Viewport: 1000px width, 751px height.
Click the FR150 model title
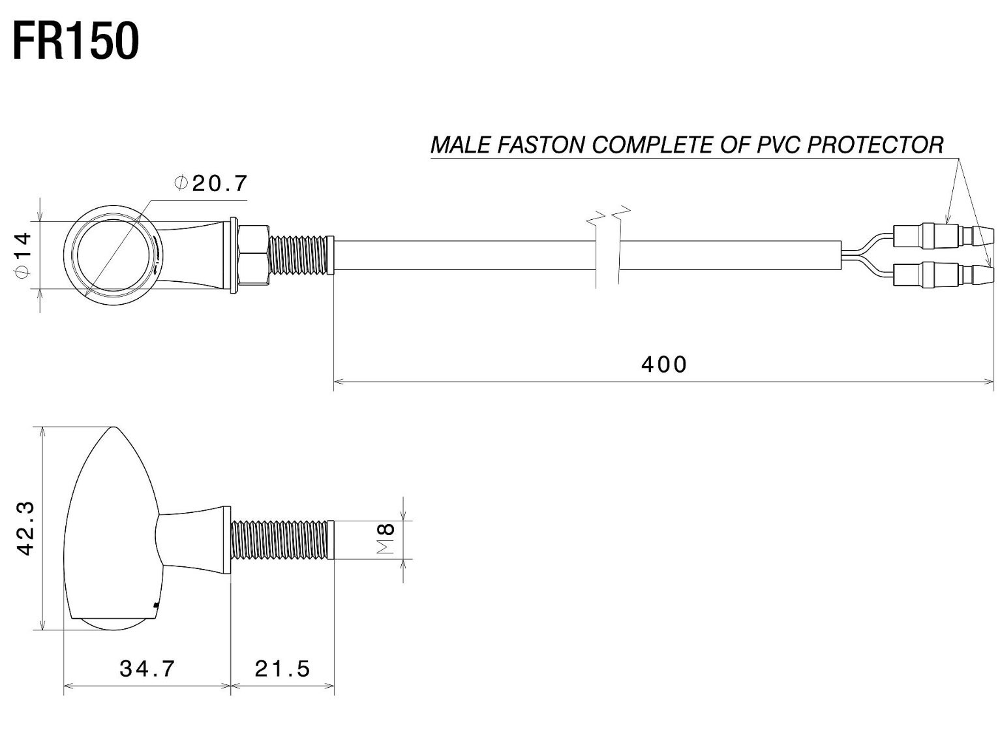76,42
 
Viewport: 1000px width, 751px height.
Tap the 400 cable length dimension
664,365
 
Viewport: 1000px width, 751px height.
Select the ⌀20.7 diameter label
211,183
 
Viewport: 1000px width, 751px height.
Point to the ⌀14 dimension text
23,254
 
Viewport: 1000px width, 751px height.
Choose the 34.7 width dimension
147,669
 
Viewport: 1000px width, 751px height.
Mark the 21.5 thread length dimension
282,669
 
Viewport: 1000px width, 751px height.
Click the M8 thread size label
386,539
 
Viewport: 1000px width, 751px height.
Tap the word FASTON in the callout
540,146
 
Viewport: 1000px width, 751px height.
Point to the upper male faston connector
943,236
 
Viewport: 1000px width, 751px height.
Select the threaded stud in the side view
282,540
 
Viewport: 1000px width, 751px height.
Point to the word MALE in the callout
460,146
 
